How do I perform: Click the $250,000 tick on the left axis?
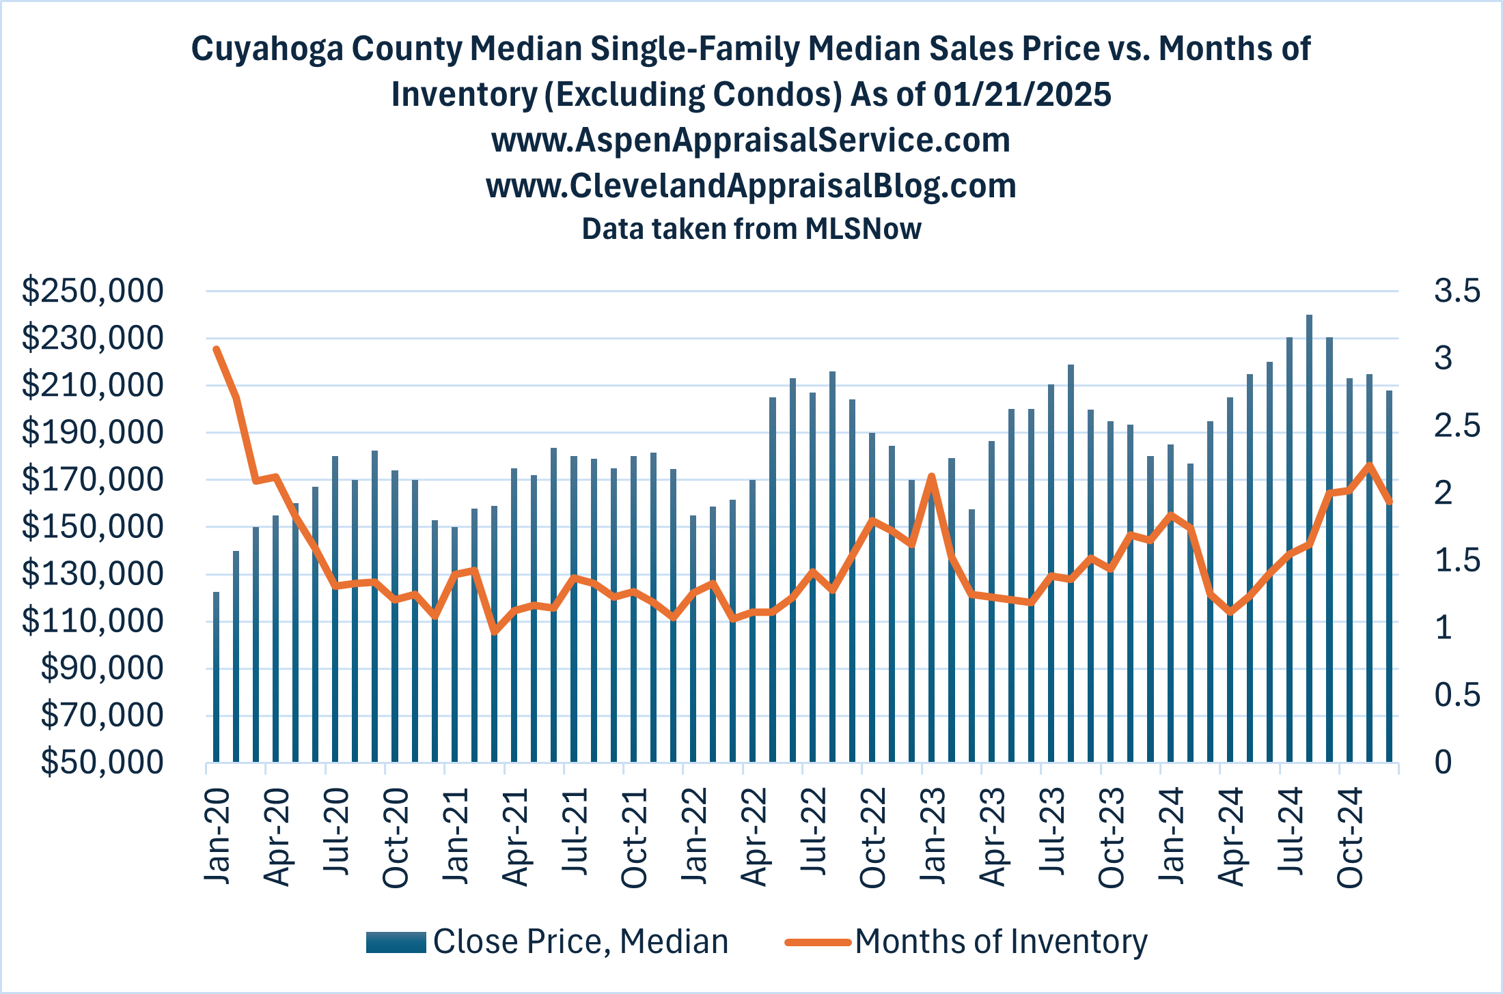[x=93, y=291]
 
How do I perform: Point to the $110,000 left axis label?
[x=93, y=621]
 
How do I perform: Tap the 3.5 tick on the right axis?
[x=1457, y=291]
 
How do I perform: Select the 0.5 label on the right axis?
[x=1457, y=695]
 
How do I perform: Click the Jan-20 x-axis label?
[x=217, y=836]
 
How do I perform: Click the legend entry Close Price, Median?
[x=580, y=941]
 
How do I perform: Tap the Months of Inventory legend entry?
[x=1000, y=941]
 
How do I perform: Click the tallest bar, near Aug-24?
[x=1309, y=539]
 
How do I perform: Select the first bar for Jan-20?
[x=217, y=676]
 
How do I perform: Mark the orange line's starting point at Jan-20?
[x=217, y=350]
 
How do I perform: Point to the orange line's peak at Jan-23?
[x=931, y=476]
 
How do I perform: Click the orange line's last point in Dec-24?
[x=1390, y=502]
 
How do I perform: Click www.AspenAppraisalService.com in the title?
[x=750, y=140]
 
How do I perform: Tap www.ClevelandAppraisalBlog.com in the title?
[x=750, y=186]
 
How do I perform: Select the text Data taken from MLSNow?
[x=750, y=229]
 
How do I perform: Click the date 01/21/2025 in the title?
[x=1022, y=94]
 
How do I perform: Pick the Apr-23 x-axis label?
[x=992, y=837]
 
